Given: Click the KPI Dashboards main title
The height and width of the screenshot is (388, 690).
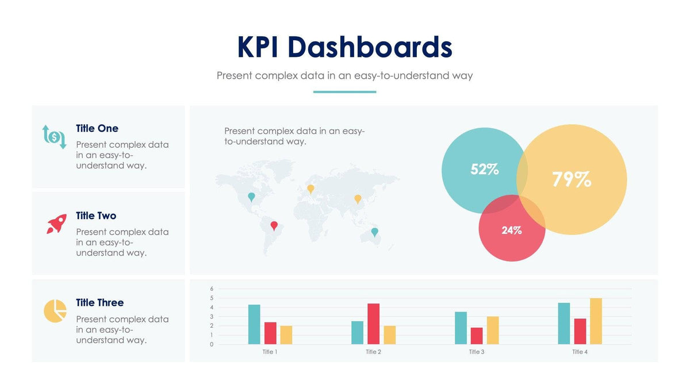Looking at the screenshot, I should (x=344, y=47).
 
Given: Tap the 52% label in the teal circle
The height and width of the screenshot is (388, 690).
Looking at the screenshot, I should (x=484, y=170).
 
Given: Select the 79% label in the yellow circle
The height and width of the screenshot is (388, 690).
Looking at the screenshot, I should (x=571, y=179).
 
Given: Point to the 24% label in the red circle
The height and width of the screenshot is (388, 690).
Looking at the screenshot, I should (x=511, y=231).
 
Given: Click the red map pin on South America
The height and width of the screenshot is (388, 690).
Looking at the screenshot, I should (x=274, y=225).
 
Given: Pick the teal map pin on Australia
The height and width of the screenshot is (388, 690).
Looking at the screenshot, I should (x=375, y=232).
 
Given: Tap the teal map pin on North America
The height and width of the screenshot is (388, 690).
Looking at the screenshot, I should (x=251, y=197).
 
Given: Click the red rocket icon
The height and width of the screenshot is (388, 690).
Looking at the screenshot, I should (x=56, y=224).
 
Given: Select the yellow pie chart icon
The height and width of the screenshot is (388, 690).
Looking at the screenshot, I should (x=55, y=311).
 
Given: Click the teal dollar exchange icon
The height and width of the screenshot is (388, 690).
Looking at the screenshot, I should (x=55, y=136).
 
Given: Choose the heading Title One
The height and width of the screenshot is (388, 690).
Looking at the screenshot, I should (x=97, y=128).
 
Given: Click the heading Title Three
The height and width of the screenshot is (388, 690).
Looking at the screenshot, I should (x=99, y=302).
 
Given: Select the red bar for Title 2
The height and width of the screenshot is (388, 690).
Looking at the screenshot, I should (x=373, y=324).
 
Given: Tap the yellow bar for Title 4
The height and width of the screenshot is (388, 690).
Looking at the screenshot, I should (x=596, y=321).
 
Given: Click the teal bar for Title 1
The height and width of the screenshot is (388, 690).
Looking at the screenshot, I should (x=254, y=324).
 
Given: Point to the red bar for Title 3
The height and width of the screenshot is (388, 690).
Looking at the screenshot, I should (x=477, y=336).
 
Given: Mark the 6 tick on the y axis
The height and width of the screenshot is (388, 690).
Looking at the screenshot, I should (x=212, y=289).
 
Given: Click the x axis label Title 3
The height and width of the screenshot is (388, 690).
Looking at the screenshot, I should (x=477, y=352).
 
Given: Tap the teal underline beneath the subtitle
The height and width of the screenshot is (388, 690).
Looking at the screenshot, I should (x=344, y=91).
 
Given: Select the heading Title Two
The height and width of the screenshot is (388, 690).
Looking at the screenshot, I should (x=96, y=216).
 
